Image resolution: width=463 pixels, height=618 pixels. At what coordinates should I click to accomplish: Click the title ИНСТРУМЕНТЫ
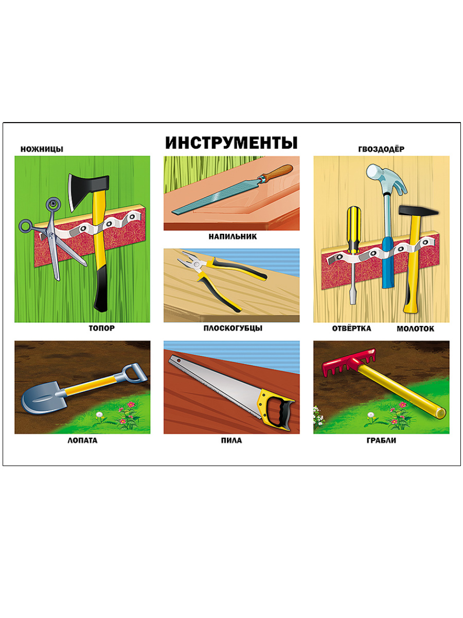click(231, 143)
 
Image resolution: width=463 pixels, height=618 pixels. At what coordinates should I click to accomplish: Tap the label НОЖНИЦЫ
click(42, 149)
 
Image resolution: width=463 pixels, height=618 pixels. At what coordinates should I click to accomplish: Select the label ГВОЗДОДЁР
click(381, 149)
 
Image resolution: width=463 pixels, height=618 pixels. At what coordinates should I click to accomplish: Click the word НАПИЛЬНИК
click(233, 236)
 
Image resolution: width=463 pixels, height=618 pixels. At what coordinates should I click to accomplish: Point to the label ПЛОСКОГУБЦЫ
click(233, 328)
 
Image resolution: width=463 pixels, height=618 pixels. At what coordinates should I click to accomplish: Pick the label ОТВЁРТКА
click(351, 329)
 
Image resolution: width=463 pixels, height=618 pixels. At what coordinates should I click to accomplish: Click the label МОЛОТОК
click(415, 329)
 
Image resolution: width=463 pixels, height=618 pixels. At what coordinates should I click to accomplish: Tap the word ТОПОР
click(102, 328)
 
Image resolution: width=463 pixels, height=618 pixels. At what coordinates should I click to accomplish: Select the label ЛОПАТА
click(82, 441)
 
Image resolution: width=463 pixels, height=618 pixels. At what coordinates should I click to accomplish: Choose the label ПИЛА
click(232, 441)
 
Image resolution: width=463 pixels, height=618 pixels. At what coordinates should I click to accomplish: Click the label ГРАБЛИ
click(381, 441)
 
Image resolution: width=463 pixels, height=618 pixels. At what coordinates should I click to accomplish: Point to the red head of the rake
click(349, 363)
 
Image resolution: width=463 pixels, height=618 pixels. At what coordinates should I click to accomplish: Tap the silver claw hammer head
click(385, 177)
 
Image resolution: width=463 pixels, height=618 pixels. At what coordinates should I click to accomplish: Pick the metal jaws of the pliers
click(192, 261)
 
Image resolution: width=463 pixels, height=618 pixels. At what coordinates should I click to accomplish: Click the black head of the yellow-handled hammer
click(418, 211)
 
